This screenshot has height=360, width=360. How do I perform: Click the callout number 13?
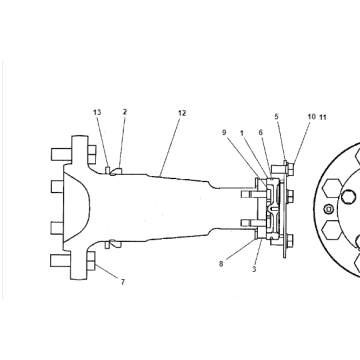98,113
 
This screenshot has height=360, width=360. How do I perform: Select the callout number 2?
125,113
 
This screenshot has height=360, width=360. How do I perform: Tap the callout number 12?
181,113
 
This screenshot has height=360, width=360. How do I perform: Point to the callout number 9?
224,132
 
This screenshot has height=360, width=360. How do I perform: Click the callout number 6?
261,132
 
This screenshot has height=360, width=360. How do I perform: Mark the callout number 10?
311,118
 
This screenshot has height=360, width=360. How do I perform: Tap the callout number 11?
323,118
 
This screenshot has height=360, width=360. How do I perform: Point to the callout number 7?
124,283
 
